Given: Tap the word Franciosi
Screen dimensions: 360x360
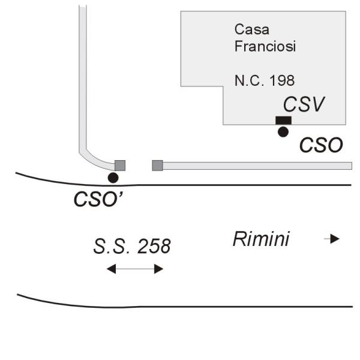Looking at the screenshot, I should click(265, 46).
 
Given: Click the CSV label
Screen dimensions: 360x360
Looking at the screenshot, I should click(304, 104).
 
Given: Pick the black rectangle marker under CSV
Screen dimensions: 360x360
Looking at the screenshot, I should click(283, 121).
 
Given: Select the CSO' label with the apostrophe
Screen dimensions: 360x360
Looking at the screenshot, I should click(98, 199).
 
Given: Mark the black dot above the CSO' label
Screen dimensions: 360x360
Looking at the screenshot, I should click(113, 178).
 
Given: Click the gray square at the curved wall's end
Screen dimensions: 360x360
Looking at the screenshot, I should click(120, 165).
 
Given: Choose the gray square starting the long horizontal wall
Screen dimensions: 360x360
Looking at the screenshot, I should click(158, 165).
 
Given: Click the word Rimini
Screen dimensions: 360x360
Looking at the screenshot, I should click(261, 239).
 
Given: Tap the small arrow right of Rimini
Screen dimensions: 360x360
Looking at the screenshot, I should click(332, 239).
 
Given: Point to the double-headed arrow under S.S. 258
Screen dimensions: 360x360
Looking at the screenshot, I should click(135, 269).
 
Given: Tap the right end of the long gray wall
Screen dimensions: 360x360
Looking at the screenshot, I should click(349, 165).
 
